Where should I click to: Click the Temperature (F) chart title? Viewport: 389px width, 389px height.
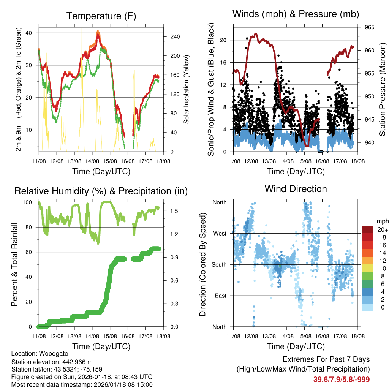[x=101, y=16]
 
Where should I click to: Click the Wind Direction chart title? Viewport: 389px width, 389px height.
[x=296, y=189]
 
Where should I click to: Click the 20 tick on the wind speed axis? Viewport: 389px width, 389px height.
[x=223, y=40]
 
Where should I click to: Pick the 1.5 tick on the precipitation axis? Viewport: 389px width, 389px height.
[x=171, y=211]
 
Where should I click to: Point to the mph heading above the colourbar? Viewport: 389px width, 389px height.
[x=382, y=221]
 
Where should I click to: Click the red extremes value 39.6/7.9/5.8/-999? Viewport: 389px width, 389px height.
[x=341, y=379]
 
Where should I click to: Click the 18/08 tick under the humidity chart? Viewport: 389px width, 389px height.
[x=163, y=336]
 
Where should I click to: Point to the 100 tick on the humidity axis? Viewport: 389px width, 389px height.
[x=29, y=202]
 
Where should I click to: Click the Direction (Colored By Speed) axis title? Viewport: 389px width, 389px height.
[x=203, y=264]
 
